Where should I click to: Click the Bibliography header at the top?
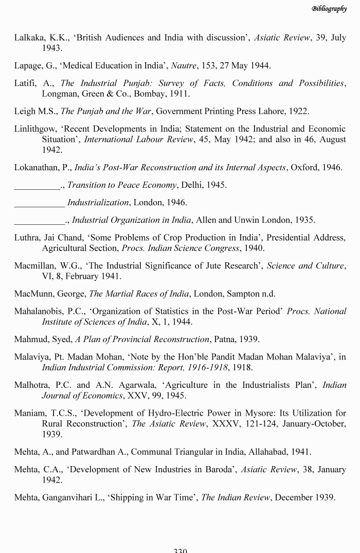click(x=329, y=9)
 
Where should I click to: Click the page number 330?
click(x=180, y=550)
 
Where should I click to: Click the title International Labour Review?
click(x=136, y=139)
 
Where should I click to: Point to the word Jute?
click(x=197, y=265)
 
